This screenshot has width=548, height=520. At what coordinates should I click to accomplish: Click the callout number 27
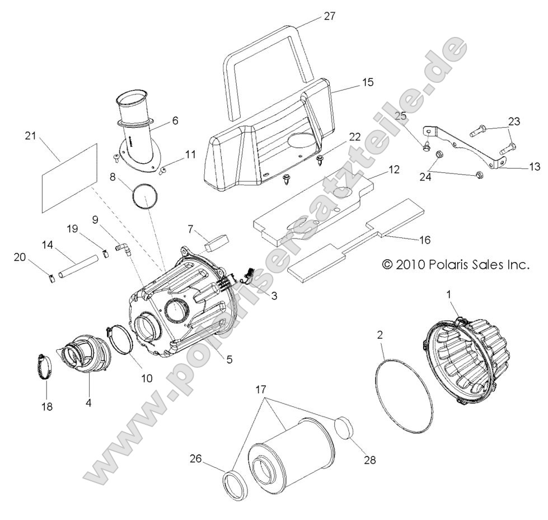(x=330, y=16)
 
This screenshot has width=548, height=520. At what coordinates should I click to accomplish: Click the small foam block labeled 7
(x=217, y=242)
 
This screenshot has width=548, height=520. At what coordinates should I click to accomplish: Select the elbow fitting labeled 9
(x=121, y=246)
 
